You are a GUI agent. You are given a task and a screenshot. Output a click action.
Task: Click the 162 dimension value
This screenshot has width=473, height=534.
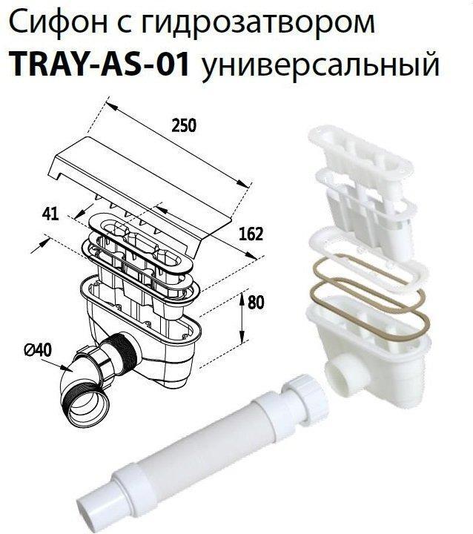pyautogui.click(x=253, y=236)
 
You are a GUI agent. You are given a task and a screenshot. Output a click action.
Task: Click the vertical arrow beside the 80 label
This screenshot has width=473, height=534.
pyautogui.click(x=242, y=315)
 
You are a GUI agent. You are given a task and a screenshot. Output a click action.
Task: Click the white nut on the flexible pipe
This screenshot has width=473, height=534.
pyautogui.click(x=302, y=389)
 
